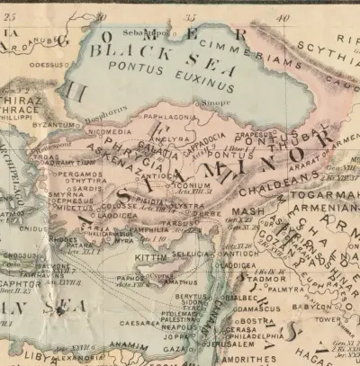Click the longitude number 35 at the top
(x=189, y=17)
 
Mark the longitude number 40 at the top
(x=283, y=17)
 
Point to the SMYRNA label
(x=67, y=193)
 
